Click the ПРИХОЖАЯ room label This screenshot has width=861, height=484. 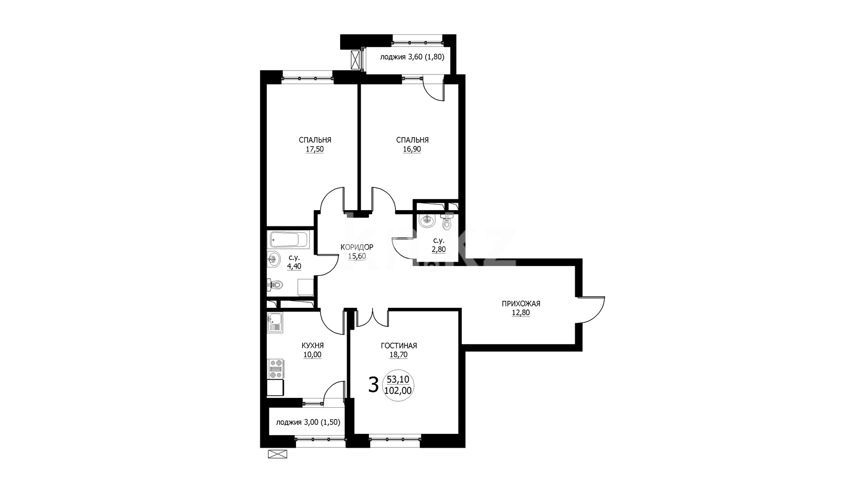click(520, 304)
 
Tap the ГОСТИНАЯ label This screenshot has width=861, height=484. click(399, 345)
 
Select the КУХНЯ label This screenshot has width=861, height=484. click(312, 345)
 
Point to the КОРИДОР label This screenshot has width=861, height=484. click(357, 247)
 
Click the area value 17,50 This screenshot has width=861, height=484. click(315, 149)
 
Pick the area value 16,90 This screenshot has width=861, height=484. click(412, 149)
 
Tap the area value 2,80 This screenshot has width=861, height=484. click(439, 249)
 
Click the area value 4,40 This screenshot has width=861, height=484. click(294, 266)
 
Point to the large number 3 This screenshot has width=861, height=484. click(373, 385)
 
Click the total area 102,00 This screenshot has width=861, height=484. click(398, 391)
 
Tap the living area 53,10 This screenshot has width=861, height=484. click(398, 380)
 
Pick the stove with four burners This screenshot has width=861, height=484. click(275, 369)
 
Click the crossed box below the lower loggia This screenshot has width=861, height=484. click(277, 454)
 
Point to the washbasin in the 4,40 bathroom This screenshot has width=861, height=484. click(273, 259)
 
